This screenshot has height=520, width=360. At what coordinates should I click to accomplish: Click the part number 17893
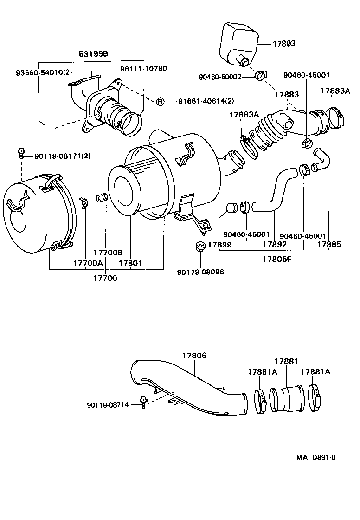283,44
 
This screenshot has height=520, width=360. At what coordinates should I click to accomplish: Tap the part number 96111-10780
144,68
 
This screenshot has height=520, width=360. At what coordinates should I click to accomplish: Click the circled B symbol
160,101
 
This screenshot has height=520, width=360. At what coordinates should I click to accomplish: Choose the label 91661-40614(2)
200,101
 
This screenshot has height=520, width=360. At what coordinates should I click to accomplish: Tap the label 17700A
88,263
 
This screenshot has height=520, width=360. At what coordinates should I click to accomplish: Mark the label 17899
219,244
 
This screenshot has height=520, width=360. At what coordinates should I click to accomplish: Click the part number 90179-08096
200,272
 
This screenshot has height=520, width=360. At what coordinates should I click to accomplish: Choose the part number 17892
274,244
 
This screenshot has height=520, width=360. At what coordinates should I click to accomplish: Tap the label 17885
329,244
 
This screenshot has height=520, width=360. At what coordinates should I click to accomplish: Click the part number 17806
194,356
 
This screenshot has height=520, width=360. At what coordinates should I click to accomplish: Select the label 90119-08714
108,405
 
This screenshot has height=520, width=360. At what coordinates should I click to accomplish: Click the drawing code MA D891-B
316,457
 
